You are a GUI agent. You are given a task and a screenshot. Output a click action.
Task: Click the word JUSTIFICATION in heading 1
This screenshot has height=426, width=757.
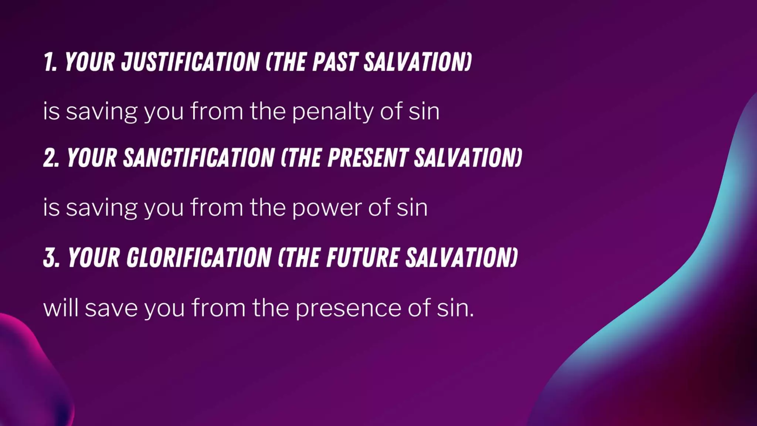[190, 62]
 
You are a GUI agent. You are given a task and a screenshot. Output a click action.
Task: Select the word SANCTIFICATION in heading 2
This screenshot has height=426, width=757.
[199, 158]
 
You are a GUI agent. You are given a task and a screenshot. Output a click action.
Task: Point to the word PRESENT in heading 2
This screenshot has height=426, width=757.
[368, 158]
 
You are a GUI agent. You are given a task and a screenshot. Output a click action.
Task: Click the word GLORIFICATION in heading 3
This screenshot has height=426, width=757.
[199, 257]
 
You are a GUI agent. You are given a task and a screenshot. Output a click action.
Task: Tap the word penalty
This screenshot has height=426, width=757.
[333, 111]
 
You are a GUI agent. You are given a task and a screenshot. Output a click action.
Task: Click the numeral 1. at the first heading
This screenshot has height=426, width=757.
[50, 62]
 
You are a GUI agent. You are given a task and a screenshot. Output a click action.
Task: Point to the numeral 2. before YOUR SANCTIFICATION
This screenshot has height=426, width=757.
[51, 158]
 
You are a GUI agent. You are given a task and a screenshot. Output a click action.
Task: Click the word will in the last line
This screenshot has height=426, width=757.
[61, 308]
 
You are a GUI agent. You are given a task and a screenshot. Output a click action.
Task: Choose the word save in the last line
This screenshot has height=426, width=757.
[111, 308]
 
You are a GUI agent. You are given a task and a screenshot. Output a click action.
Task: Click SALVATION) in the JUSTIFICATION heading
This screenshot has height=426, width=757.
[418, 62]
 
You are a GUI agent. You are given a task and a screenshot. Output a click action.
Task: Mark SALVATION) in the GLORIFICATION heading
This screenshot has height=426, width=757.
[462, 257]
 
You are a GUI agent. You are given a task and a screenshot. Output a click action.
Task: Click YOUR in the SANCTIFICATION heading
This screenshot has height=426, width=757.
[92, 158]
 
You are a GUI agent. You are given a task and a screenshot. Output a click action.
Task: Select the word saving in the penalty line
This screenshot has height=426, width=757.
[102, 111]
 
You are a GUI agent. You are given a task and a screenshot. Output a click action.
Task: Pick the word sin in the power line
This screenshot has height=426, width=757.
[412, 207]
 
